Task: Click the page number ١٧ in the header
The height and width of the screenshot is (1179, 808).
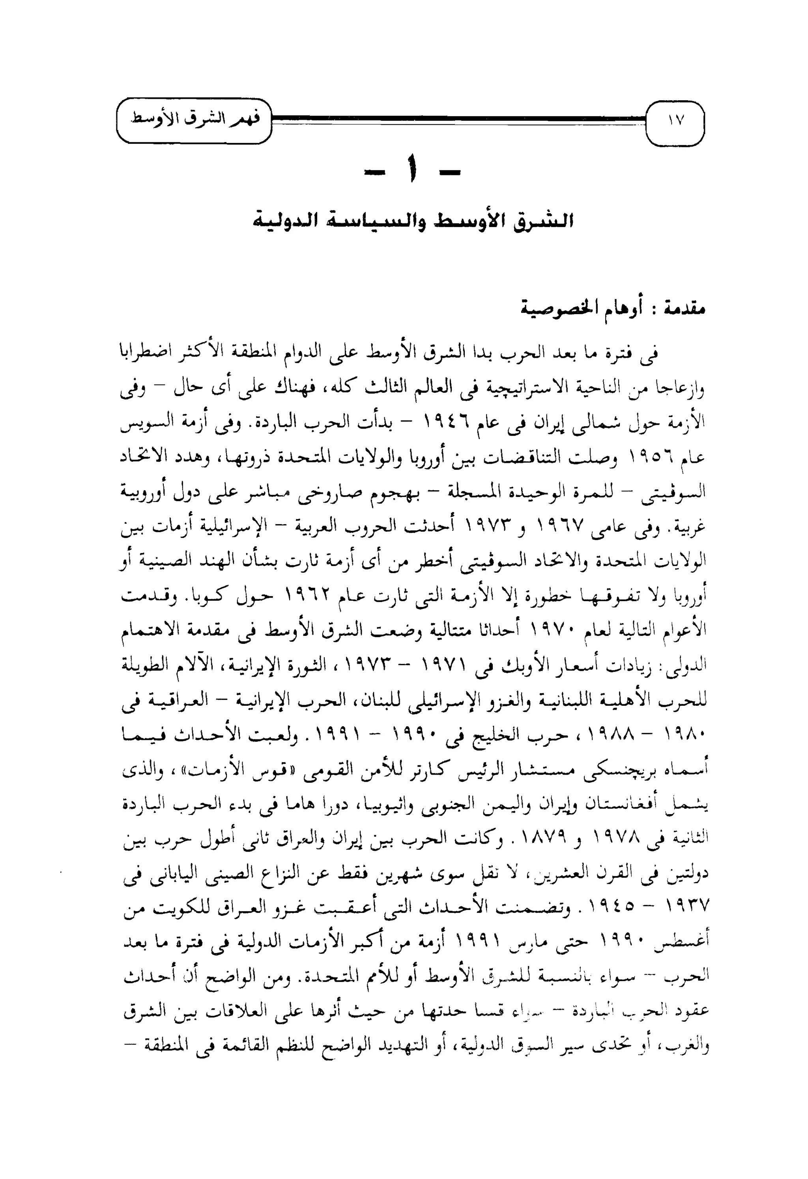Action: click(676, 121)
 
